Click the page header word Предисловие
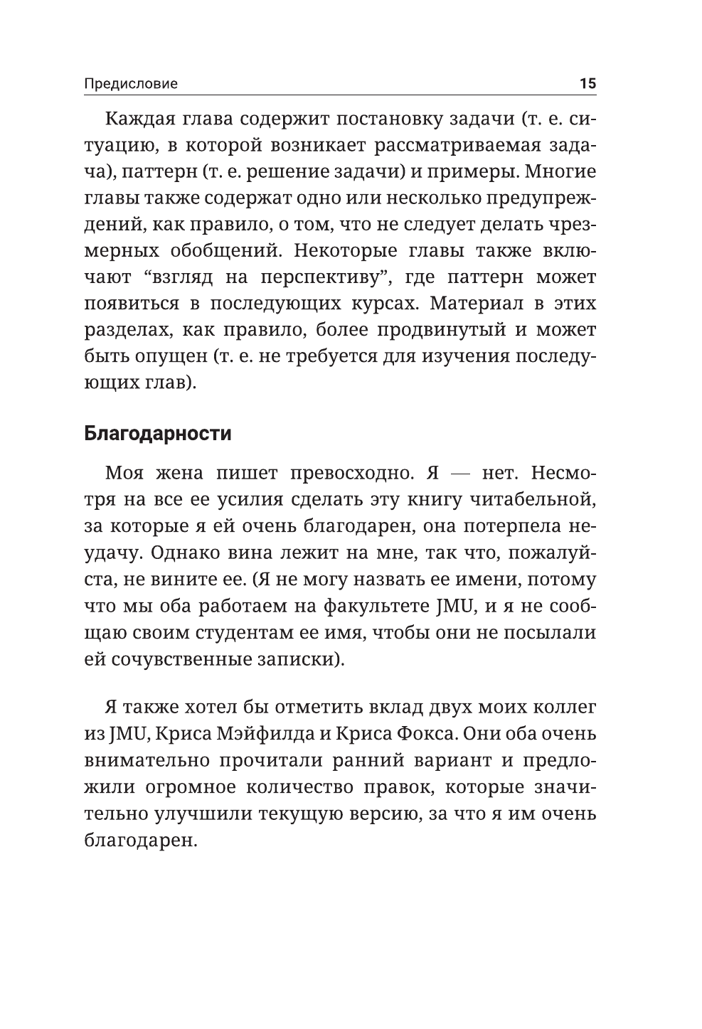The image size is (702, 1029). coord(131,84)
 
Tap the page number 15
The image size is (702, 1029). coord(587,83)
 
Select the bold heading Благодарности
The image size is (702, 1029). coord(157,433)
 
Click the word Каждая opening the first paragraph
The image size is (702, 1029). coord(137,119)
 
